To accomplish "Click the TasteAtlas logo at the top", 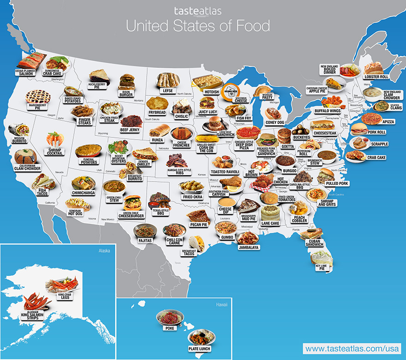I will [x=198, y=11].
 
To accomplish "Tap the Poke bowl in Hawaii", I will [x=169, y=318].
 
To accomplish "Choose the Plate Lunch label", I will [x=199, y=349].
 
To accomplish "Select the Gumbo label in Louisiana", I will [x=227, y=237].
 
